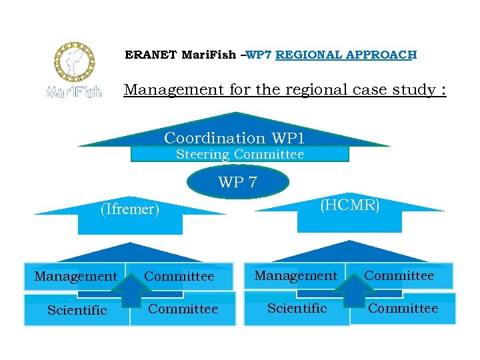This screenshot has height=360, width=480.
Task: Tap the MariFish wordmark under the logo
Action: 74,92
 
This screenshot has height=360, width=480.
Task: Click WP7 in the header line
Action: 259,55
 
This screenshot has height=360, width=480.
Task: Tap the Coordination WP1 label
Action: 234,138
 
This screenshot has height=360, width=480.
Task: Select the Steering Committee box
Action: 239,155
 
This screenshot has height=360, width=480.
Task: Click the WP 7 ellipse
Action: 238,182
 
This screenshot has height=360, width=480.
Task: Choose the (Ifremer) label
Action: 130,209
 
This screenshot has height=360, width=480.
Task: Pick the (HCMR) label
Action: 350,205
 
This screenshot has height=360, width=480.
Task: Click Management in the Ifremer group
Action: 76,276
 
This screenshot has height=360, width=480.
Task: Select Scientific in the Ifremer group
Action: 77,310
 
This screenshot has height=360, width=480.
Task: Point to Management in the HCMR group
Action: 296,275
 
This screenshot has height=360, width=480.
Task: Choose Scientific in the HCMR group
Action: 297,308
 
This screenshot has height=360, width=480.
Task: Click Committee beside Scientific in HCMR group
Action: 403,308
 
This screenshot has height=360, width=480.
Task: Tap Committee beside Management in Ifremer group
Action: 179,276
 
